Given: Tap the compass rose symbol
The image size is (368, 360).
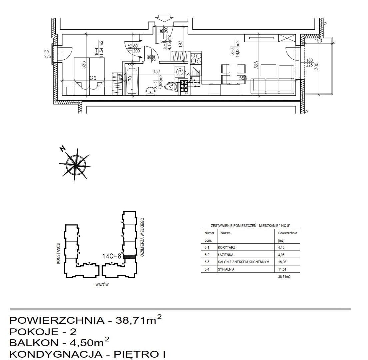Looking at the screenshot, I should [x=76, y=164].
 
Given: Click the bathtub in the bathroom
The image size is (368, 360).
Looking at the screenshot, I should [x=132, y=80].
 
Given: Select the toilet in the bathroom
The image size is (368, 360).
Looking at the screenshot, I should [x=171, y=87].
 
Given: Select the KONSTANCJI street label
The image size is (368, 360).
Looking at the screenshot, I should [x=58, y=253].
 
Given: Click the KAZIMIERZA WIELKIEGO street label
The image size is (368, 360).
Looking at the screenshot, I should [x=142, y=237].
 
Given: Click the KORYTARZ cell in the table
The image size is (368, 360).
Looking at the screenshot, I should [x=227, y=248].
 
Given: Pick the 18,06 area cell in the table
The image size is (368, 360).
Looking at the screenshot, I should [x=282, y=262].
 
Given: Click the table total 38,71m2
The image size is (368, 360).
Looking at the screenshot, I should [x=284, y=277].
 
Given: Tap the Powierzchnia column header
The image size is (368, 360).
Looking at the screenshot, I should [x=287, y=233].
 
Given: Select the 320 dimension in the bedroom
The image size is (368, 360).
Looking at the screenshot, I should [x=92, y=78].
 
